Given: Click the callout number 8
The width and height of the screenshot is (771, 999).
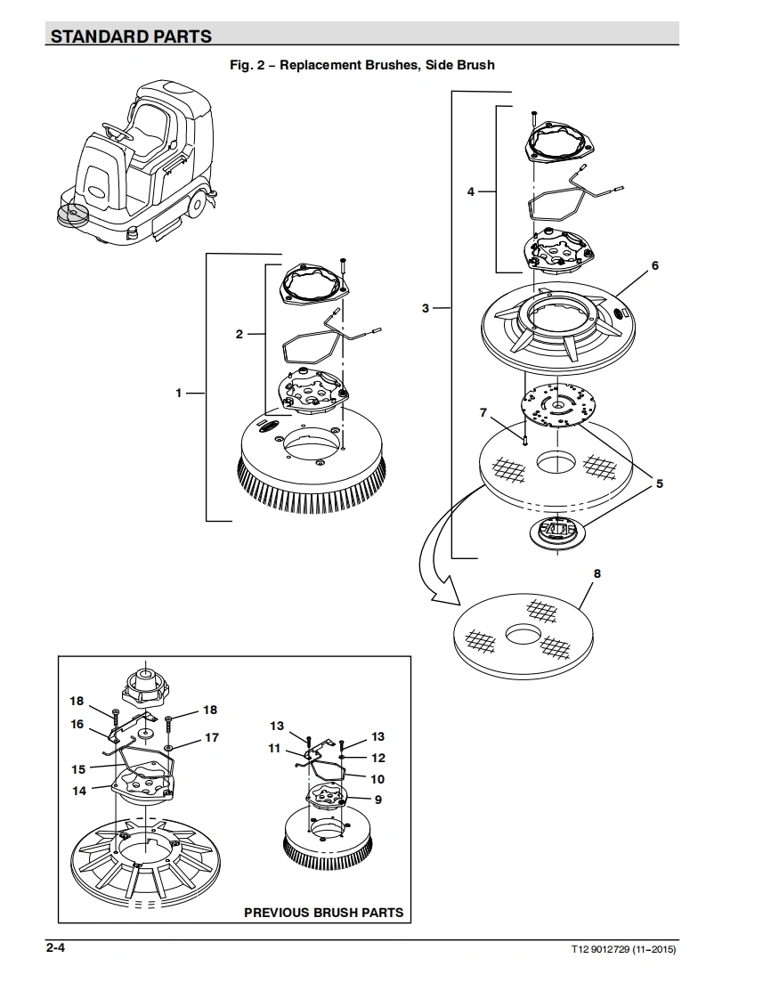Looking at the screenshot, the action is coord(597,573).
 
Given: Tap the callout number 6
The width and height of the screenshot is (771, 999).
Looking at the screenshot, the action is coord(655,265).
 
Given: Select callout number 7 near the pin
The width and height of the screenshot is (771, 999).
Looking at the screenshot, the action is coord(483,413).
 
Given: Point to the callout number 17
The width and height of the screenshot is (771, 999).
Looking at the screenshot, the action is coord(212,737).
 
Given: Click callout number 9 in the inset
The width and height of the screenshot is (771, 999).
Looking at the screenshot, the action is coord(377,800).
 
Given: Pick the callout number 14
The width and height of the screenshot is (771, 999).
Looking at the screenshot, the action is coord(79,791).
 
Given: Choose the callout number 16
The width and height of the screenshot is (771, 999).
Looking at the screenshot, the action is coord(77,724).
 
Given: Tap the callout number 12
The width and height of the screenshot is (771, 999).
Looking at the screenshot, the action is coord(378,758).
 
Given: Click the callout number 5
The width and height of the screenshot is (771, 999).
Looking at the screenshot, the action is coord(660,483).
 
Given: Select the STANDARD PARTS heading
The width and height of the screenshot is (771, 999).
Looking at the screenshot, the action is coord(131,37).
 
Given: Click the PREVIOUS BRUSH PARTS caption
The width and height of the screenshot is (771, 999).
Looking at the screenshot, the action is coord(324,913).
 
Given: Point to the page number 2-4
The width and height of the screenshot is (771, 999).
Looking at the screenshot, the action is coord(55,947).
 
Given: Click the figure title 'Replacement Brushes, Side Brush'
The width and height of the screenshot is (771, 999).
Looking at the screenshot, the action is coord(387,65).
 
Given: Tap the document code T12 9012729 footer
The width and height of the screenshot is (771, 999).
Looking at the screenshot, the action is coord(623,949).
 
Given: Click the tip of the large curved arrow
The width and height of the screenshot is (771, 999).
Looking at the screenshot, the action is coord(459,604).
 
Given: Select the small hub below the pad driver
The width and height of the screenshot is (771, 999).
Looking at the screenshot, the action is coord(557,531).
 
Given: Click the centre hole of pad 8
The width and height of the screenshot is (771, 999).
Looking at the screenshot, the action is coord(523,635).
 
